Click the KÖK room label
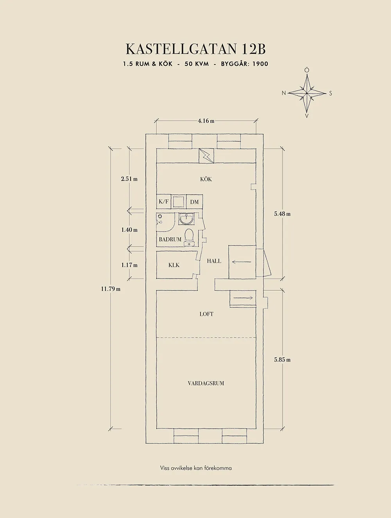206,179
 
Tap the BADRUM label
170,239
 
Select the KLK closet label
174,265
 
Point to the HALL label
214,261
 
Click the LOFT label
206,314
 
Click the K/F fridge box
163,202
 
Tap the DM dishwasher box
194,202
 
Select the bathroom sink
186,218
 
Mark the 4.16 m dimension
206,121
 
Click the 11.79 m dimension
111,289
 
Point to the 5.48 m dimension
282,214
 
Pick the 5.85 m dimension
282,360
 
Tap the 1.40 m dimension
129,230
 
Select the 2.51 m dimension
129,179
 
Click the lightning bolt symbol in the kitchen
206,156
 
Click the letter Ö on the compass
307,70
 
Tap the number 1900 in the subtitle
260,64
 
